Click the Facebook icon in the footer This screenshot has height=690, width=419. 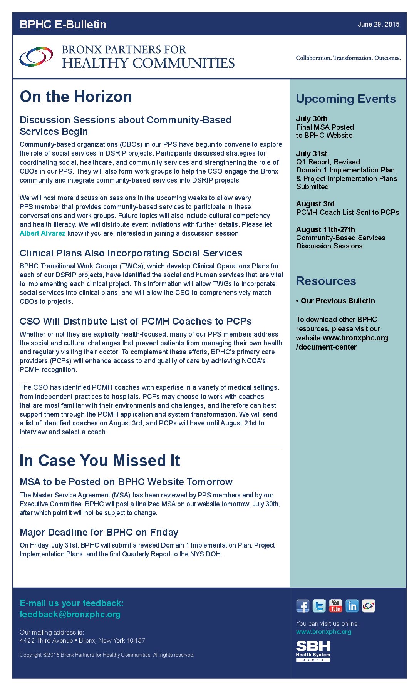(303, 606)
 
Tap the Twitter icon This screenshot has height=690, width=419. (319, 606)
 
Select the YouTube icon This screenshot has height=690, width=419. (335, 606)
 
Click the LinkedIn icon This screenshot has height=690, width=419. (352, 606)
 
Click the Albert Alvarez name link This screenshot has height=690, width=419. (42, 233)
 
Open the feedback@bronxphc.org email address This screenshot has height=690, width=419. (70, 614)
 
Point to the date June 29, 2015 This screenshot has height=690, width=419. (378, 24)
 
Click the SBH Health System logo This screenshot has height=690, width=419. (313, 651)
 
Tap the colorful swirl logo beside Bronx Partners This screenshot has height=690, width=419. (36, 57)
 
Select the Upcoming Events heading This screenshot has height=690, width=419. (346, 99)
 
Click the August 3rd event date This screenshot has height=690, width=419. (315, 204)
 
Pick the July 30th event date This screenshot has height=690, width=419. (312, 119)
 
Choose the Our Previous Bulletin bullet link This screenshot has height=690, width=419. (337, 301)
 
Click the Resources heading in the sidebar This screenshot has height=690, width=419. (326, 281)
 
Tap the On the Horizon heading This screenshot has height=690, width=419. (76, 97)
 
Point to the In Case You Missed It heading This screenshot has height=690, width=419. (100, 461)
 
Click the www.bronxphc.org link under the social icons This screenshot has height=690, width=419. (323, 631)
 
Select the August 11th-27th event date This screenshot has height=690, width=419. (325, 229)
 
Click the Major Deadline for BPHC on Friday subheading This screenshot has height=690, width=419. (99, 532)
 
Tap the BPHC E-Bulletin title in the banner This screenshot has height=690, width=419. (63, 24)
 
